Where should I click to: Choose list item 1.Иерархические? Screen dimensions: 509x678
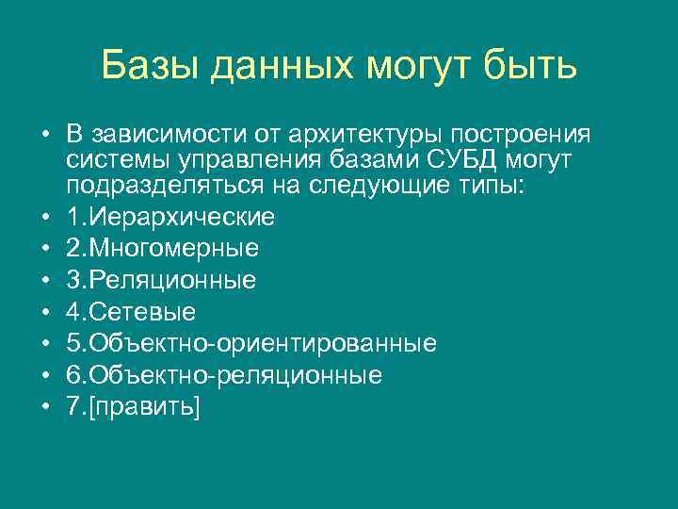171,217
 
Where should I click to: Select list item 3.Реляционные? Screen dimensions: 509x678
162,280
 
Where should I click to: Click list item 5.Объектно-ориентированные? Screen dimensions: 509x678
251,343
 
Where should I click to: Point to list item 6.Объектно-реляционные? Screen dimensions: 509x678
225,375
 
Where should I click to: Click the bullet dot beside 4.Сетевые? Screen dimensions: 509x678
44,312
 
